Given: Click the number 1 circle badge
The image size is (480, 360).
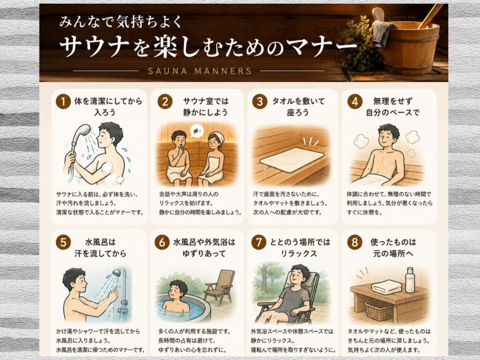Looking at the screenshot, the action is (x=63, y=101).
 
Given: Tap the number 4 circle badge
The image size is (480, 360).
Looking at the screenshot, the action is (x=355, y=101).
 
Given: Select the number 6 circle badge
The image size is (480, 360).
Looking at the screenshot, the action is (x=162, y=242).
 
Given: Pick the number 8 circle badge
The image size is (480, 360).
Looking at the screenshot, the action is (x=355, y=242).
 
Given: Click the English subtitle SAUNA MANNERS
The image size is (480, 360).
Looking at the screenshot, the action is (x=200, y=71).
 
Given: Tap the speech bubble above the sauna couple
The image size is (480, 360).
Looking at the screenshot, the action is (x=196, y=131).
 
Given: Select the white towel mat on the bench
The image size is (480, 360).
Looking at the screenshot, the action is (x=292, y=160).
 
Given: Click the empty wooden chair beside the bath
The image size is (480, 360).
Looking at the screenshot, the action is (x=220, y=287).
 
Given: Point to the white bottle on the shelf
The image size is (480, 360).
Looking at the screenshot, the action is (x=410, y=280).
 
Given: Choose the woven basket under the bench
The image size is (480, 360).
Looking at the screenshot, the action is (x=379, y=310).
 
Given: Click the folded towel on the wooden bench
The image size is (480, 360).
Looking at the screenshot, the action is (x=387, y=287).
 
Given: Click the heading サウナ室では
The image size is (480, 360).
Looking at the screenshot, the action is (x=206, y=101).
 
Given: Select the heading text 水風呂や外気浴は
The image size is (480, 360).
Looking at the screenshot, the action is (x=204, y=242).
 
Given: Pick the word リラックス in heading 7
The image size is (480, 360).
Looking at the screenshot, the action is (x=299, y=254).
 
